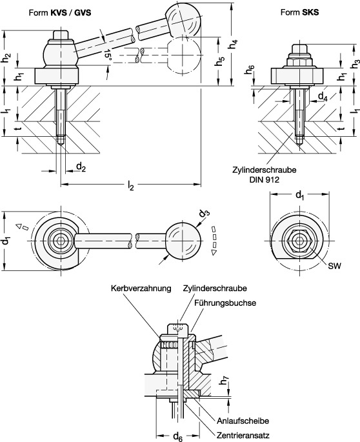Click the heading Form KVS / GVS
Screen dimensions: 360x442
[60, 12]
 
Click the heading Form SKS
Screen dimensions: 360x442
[299, 12]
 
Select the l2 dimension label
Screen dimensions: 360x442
[130, 185]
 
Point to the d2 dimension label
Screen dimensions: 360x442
[81, 167]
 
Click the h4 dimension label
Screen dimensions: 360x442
[233, 45]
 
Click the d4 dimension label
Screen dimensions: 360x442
[323, 97]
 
